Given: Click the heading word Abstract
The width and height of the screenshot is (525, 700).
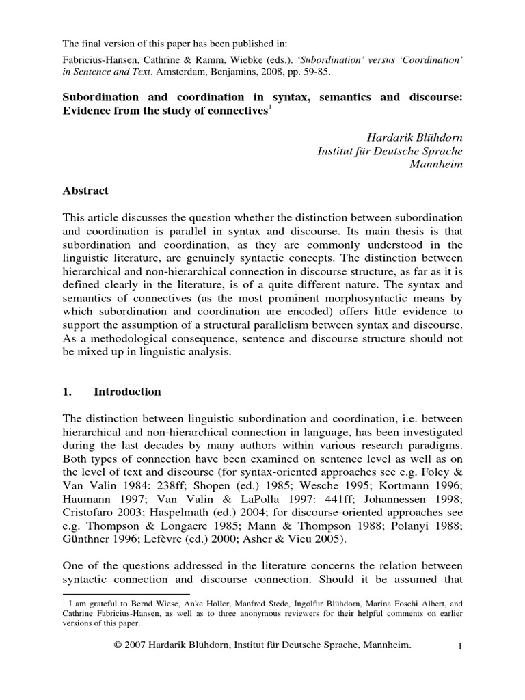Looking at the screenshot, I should click(x=85, y=191).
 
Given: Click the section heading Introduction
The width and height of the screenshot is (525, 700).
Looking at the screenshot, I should click(x=127, y=392).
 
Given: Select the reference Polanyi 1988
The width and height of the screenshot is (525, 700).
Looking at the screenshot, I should click(x=424, y=523).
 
